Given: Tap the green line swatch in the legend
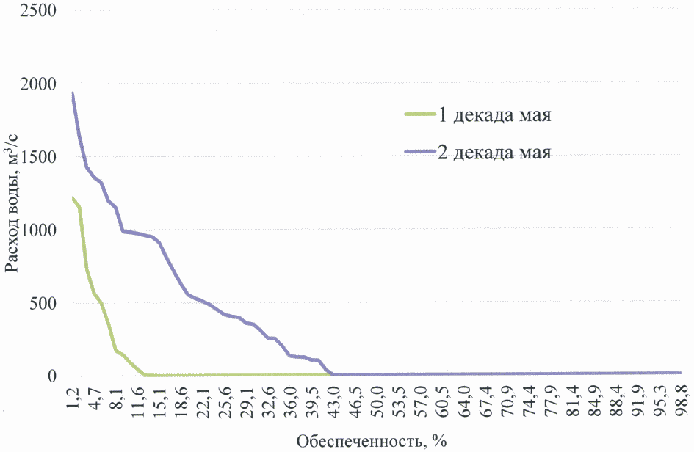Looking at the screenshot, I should (x=419, y=114).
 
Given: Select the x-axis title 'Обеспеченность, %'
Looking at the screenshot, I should (x=372, y=441).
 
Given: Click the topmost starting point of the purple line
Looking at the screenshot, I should (x=72, y=93).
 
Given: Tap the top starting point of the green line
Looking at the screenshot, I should (x=72, y=197).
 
